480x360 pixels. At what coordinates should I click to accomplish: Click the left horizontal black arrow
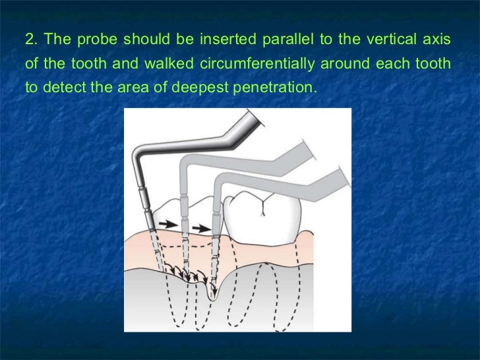coord(167,224)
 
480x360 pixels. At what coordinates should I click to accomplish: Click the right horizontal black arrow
coord(202,229)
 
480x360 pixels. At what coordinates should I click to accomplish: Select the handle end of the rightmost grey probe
coord(344,178)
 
